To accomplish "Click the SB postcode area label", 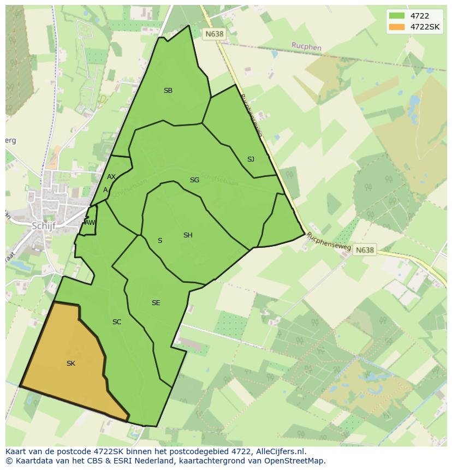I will click(168, 91).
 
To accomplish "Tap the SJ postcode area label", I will click(251, 159).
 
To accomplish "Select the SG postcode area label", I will click(194, 180).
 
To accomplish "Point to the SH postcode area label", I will click(188, 235).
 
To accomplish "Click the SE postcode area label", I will click(156, 303).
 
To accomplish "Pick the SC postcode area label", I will click(117, 322).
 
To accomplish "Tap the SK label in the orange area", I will click(71, 363).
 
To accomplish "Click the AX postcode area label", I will click(111, 177).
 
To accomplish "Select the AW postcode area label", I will click(90, 223).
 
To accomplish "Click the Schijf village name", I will click(44, 226).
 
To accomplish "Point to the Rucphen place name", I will click(306, 47).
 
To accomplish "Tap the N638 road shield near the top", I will click(214, 34).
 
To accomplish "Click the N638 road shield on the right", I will click(365, 250).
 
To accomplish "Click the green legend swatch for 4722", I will click(396, 16).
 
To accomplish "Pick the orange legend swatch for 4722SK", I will click(396, 27).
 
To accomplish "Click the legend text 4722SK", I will click(425, 27).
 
